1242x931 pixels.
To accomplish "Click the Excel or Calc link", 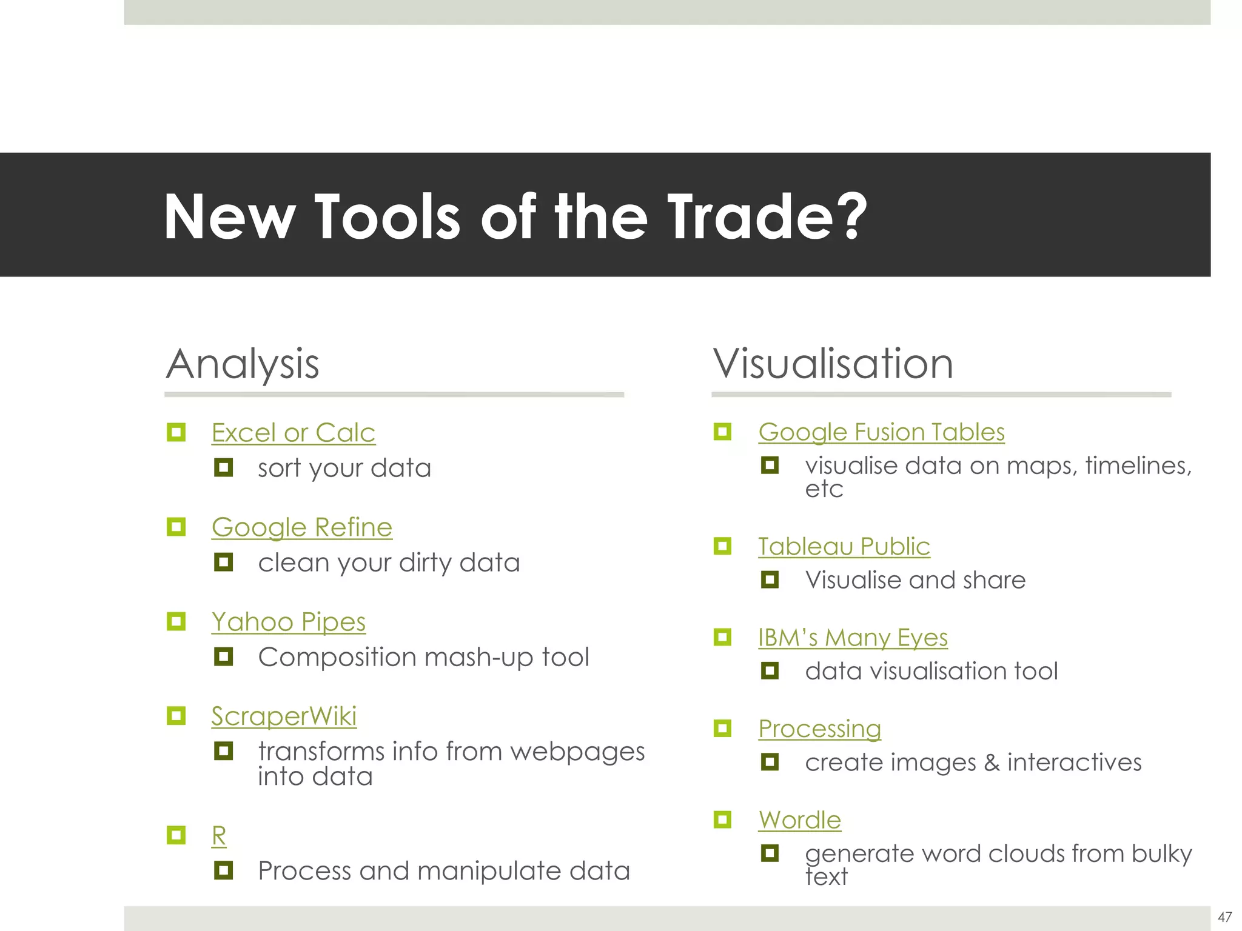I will click(x=293, y=433).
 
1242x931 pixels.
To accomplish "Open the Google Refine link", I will click(x=301, y=527).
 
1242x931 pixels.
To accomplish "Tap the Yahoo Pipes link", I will click(x=288, y=622).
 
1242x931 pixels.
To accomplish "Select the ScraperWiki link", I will click(x=283, y=716).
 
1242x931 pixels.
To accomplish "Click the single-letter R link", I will click(x=218, y=836).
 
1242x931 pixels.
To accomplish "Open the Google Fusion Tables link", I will click(x=881, y=432).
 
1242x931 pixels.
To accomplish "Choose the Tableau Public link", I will click(x=844, y=547).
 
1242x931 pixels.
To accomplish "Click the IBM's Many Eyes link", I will click(x=852, y=638).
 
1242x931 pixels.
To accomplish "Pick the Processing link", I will click(x=819, y=729).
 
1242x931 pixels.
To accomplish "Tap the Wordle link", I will click(x=799, y=820).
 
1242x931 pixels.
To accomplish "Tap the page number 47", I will click(x=1224, y=917).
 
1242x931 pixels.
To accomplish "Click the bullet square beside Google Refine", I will click(x=176, y=527).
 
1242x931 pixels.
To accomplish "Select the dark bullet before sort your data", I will click(x=223, y=467).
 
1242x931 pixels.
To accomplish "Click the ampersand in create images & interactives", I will click(x=992, y=762).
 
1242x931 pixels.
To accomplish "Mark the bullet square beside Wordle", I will click(x=722, y=819).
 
